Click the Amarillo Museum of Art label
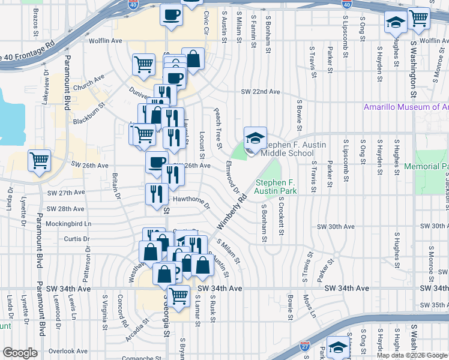406,107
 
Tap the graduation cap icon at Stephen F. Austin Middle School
255,137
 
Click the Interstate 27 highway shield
306,346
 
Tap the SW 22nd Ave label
261,92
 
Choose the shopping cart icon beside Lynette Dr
40,160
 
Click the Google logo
20,352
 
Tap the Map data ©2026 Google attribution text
412,355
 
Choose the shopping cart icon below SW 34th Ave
178,295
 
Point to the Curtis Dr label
77,239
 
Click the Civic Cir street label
207,22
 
